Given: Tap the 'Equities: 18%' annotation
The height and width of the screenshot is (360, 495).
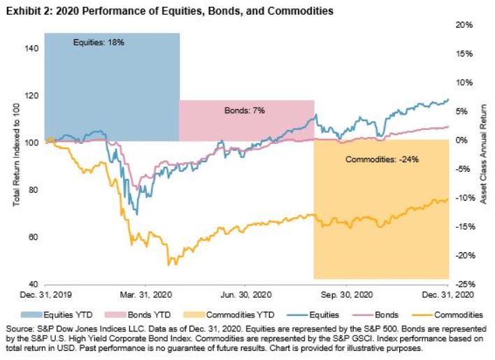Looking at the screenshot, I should click(99, 43).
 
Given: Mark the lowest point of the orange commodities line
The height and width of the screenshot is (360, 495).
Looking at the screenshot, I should click(168, 265).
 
